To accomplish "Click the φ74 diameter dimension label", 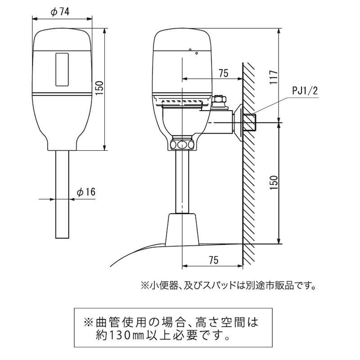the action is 60,12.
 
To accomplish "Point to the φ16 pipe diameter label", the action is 86,192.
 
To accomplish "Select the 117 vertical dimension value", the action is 274,77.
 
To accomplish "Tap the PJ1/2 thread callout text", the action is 305,91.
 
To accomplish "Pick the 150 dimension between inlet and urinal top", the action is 274,183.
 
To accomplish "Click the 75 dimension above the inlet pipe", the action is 223,73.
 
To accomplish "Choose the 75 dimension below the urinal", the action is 213,260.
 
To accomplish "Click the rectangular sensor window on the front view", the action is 62,70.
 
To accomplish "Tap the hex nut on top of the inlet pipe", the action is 219,99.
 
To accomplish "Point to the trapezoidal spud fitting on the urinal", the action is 182,229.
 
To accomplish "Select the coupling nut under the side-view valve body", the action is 182,144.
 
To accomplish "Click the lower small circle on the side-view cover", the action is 197,53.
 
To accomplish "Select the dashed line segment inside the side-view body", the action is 181,101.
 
